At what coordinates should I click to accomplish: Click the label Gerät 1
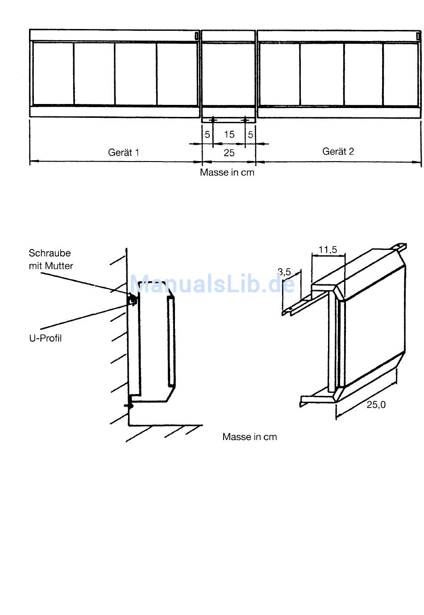(123, 152)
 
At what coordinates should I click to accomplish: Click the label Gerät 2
(338, 151)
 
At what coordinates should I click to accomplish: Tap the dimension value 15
(229, 134)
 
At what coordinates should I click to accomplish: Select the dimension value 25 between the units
(229, 153)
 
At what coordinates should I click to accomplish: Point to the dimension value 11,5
(328, 249)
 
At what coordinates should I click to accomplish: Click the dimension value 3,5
(284, 272)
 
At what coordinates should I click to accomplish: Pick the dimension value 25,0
(376, 404)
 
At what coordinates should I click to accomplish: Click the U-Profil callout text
(46, 338)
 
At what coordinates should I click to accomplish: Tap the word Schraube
(50, 253)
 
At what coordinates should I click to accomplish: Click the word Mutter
(59, 266)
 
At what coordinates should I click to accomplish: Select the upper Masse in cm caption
(227, 172)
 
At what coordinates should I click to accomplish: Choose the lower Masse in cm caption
(249, 437)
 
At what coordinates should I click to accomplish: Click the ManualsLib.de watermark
(212, 284)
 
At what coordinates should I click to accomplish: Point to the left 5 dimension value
(207, 134)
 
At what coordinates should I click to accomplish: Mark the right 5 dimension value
(250, 134)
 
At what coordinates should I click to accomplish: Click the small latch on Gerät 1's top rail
(196, 36)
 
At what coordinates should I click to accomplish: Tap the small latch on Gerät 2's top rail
(418, 36)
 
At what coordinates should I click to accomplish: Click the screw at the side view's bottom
(129, 406)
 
